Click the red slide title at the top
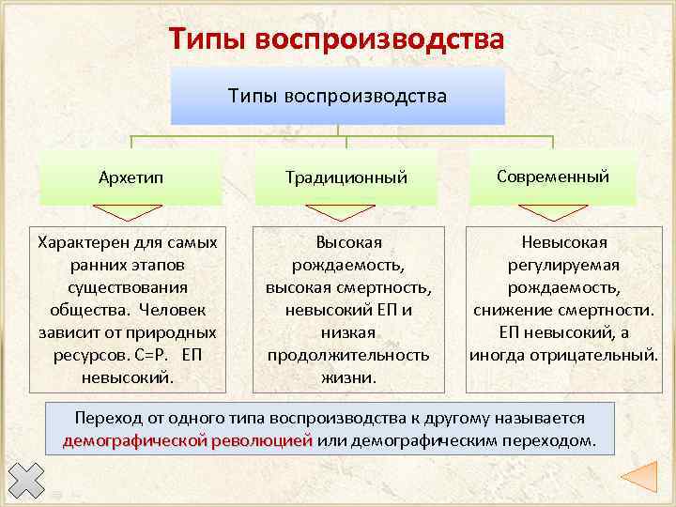point(337,39)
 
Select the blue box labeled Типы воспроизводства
point(337,96)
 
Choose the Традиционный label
point(346,177)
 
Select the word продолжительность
point(347,355)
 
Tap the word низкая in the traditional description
point(347,332)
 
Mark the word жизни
point(347,377)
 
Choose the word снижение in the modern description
point(513,310)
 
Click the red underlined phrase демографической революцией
point(188,440)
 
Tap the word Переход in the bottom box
point(104,418)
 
